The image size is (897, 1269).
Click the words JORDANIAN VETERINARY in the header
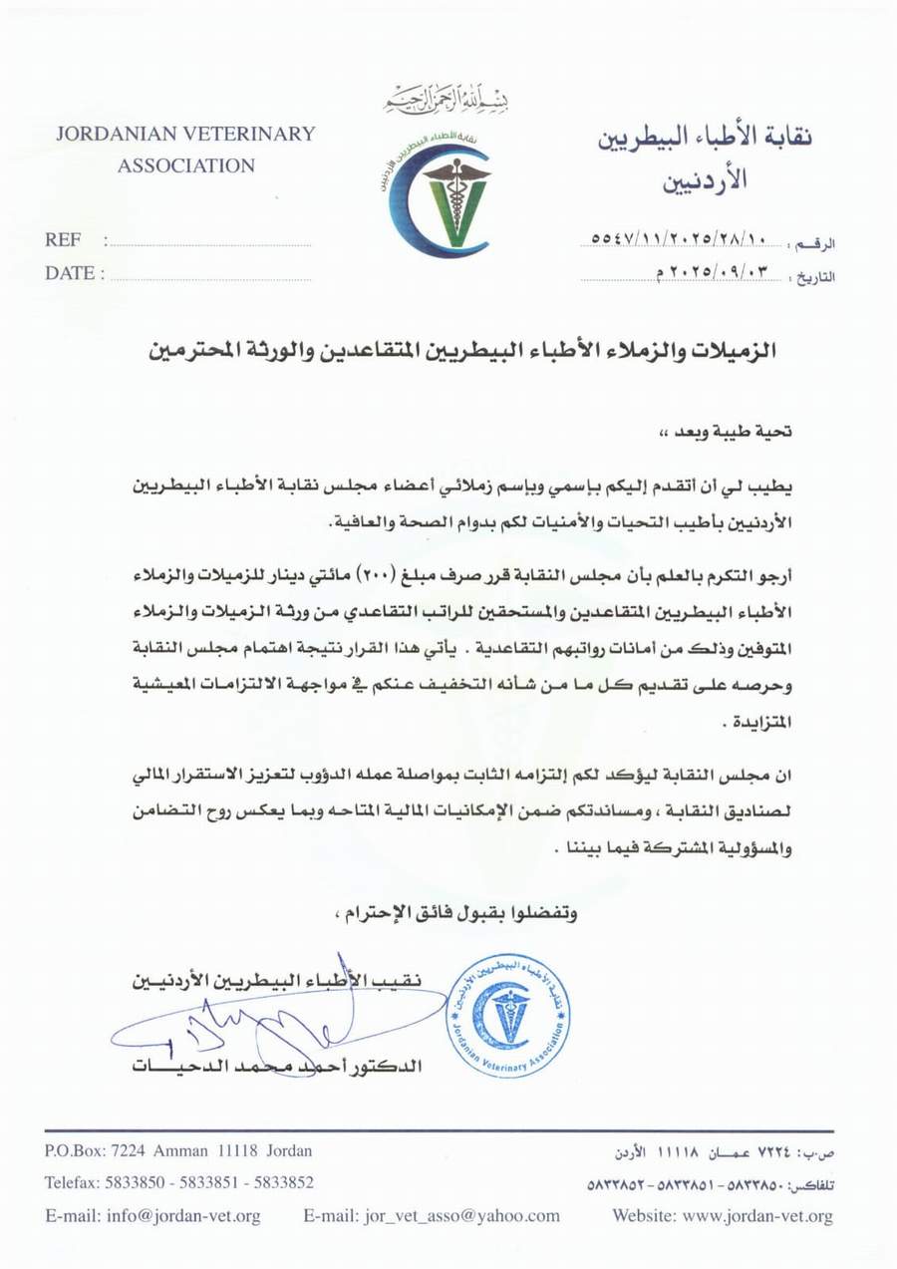[x=185, y=134]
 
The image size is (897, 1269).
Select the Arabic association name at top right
[x=705, y=157]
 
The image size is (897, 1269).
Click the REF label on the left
[x=62, y=240]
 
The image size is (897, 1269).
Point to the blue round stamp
[x=508, y=1015]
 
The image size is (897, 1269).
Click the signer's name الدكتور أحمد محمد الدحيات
[x=277, y=1066]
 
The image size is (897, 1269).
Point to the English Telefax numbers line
[x=179, y=1182]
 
